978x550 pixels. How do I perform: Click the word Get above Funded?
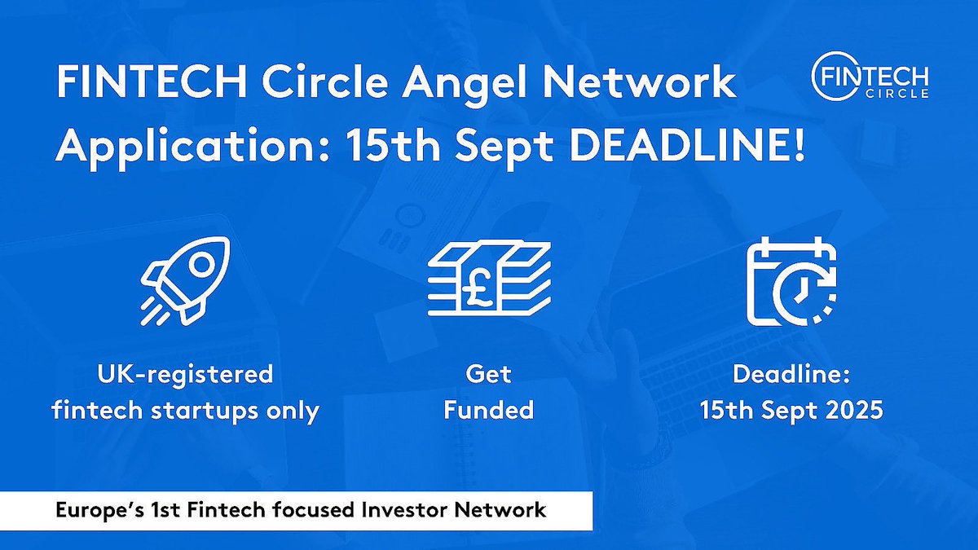tap(488, 374)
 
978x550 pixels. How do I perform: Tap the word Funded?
tap(488, 409)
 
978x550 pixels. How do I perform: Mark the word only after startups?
tap(293, 409)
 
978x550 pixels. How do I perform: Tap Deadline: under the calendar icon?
tap(790, 374)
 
